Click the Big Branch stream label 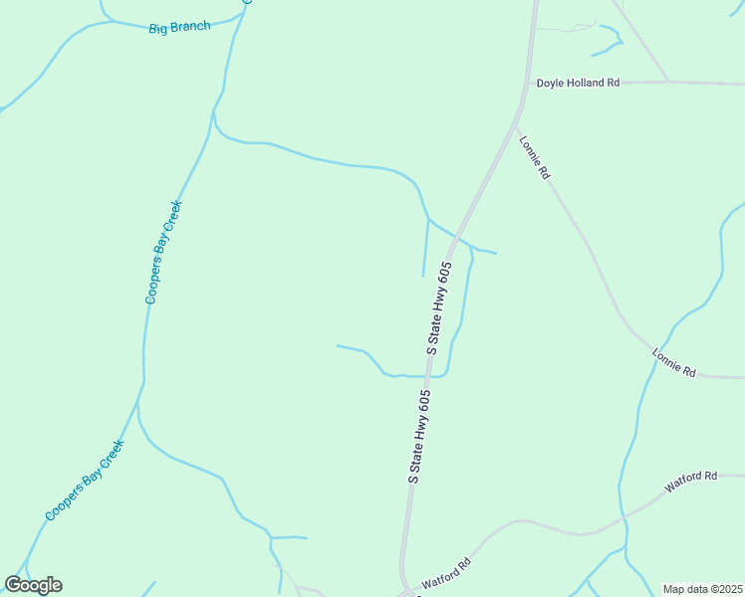click(179, 27)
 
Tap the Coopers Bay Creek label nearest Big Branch click(163, 252)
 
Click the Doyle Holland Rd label click(578, 84)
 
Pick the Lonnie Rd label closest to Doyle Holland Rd click(534, 157)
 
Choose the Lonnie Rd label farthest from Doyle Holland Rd click(674, 362)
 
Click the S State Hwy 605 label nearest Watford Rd click(419, 436)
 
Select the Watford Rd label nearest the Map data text click(691, 483)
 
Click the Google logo click(33, 585)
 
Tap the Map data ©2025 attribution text click(702, 589)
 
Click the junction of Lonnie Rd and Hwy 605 click(514, 124)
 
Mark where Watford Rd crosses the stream click(624, 519)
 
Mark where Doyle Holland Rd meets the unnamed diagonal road click(667, 81)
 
